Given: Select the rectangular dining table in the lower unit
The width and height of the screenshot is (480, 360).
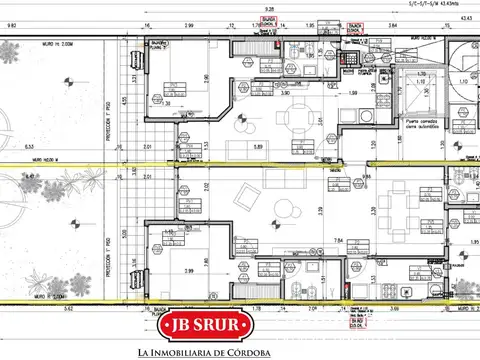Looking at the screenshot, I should point(396,212).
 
